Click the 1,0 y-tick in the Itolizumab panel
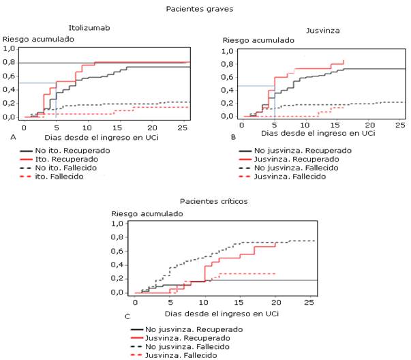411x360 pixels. coord(10,49)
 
